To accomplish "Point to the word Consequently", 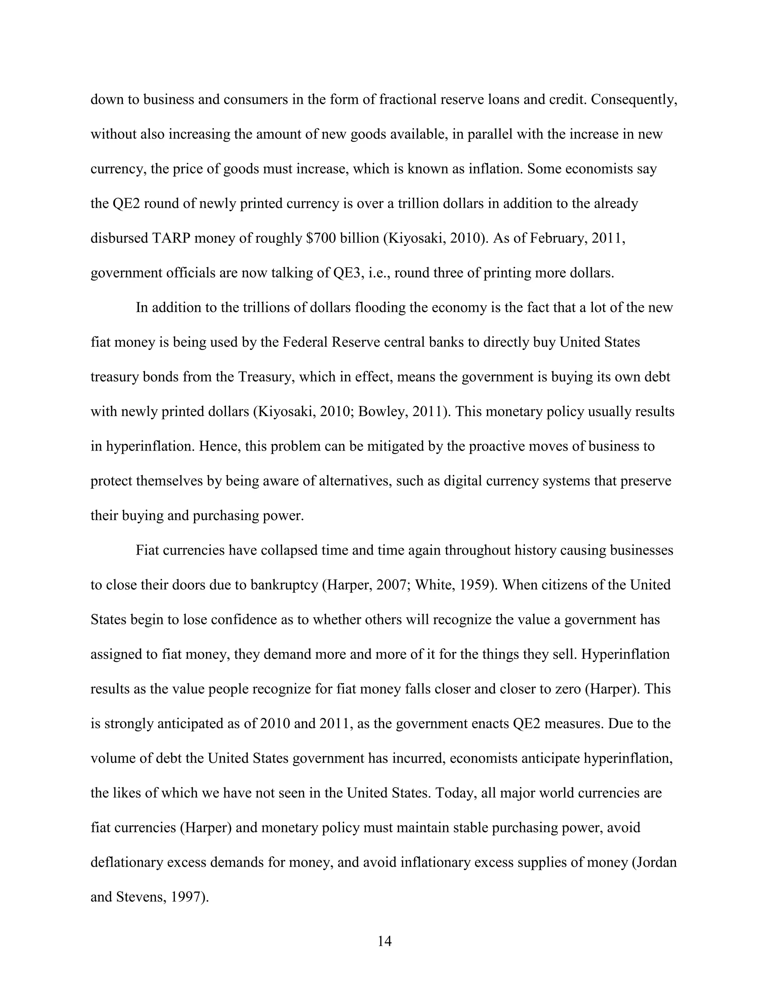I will (634, 100).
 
